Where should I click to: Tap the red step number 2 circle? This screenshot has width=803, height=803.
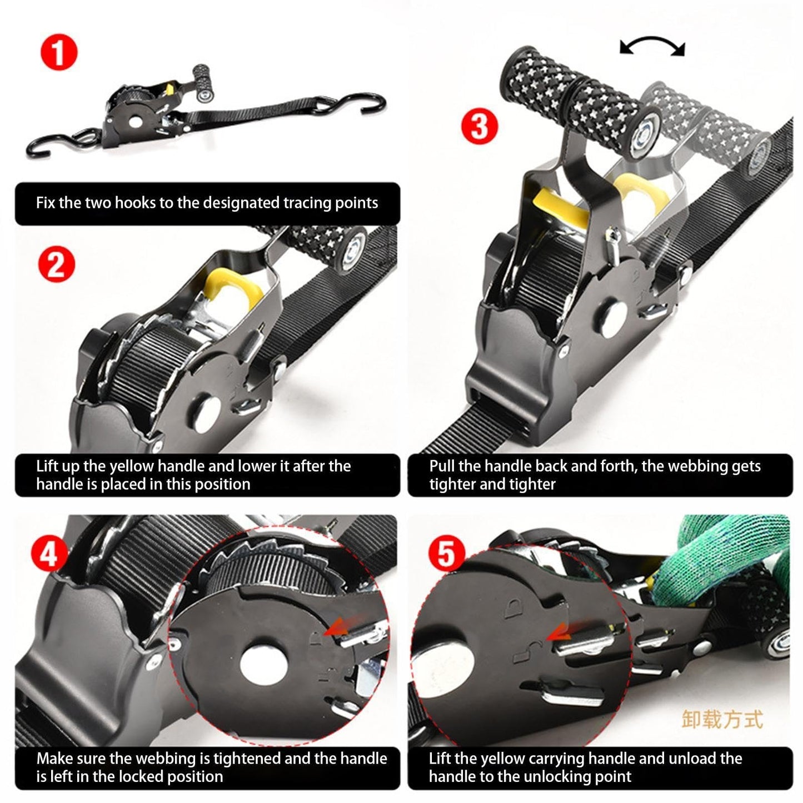[x=56, y=265]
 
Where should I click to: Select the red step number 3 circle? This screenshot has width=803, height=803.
[x=478, y=126]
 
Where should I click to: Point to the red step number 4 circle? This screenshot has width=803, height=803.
[x=49, y=555]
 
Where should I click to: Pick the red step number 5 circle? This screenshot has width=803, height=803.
[x=446, y=553]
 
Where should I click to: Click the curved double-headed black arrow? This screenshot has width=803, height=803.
[x=652, y=47]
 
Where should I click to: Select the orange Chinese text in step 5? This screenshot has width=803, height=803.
[x=722, y=719]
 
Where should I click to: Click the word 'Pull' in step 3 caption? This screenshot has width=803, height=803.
[x=442, y=466]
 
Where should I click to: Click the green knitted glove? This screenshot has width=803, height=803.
[x=728, y=561]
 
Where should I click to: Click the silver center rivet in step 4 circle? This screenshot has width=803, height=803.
[x=263, y=664]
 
